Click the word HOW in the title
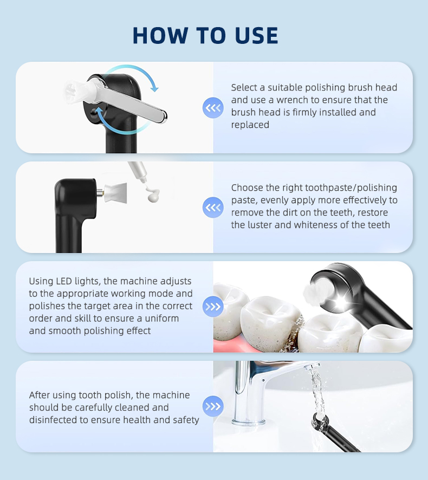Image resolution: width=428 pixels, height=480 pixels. [161, 36]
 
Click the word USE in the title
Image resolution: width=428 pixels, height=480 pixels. [257, 36]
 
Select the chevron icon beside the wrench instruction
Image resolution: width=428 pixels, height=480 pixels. [213, 108]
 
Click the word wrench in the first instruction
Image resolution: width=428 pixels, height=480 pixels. [293, 100]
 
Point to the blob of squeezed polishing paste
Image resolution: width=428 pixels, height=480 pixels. [153, 195]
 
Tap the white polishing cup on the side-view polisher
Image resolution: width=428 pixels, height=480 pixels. [115, 192]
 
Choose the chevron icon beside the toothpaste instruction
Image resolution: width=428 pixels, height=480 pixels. [213, 207]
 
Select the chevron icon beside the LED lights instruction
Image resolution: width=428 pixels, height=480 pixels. [213, 307]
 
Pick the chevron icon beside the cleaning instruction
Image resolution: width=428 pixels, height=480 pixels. [213, 406]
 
